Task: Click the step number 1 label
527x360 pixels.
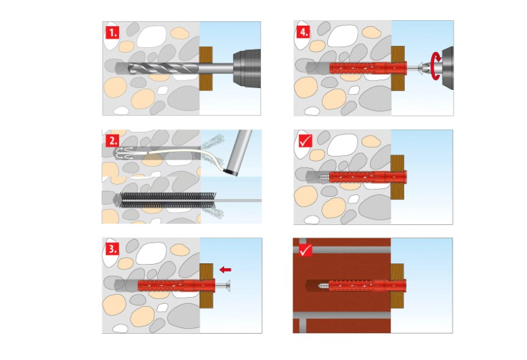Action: [112, 31]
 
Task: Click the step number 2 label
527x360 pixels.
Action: [112, 139]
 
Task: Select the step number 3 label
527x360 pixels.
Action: [112, 248]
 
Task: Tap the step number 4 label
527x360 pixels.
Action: [303, 31]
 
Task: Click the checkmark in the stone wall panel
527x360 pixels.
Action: [303, 139]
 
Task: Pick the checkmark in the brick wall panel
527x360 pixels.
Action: [303, 248]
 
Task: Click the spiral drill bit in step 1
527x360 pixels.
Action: [165, 67]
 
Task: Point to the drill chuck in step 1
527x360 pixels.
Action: [244, 67]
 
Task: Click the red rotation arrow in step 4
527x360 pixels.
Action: [435, 65]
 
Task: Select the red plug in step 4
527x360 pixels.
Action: [366, 67]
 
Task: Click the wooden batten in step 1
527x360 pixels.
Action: [206, 67]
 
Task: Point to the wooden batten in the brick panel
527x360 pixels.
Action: [397, 285]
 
